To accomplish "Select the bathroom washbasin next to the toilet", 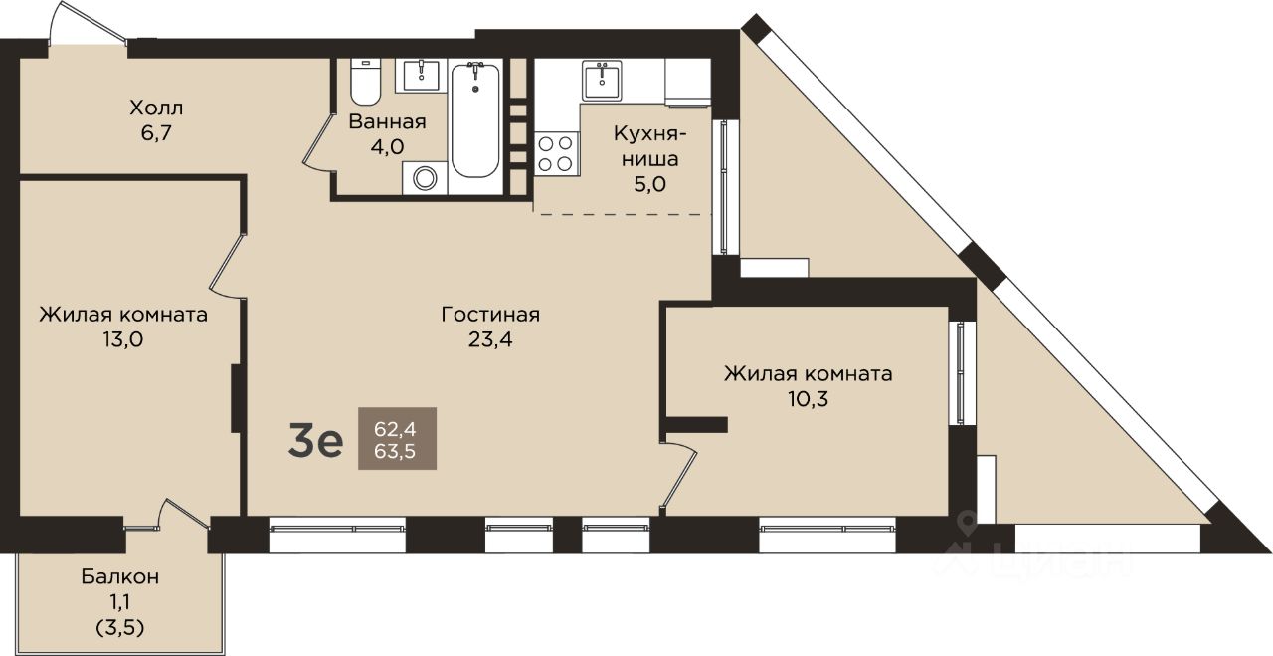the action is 421,75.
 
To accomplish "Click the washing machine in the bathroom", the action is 425,178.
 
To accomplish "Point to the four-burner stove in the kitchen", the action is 555,153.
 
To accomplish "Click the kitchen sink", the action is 602,81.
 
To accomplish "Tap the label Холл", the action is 156,108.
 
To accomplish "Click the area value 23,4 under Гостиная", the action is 490,339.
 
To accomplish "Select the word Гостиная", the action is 490,314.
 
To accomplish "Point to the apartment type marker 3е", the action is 315,440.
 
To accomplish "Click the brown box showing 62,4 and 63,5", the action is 397,439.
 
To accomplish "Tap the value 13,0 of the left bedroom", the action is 122,339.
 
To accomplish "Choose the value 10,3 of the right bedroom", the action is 808,399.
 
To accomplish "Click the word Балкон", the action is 120,577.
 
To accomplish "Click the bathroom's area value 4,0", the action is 387,146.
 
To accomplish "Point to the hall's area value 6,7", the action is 156,133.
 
